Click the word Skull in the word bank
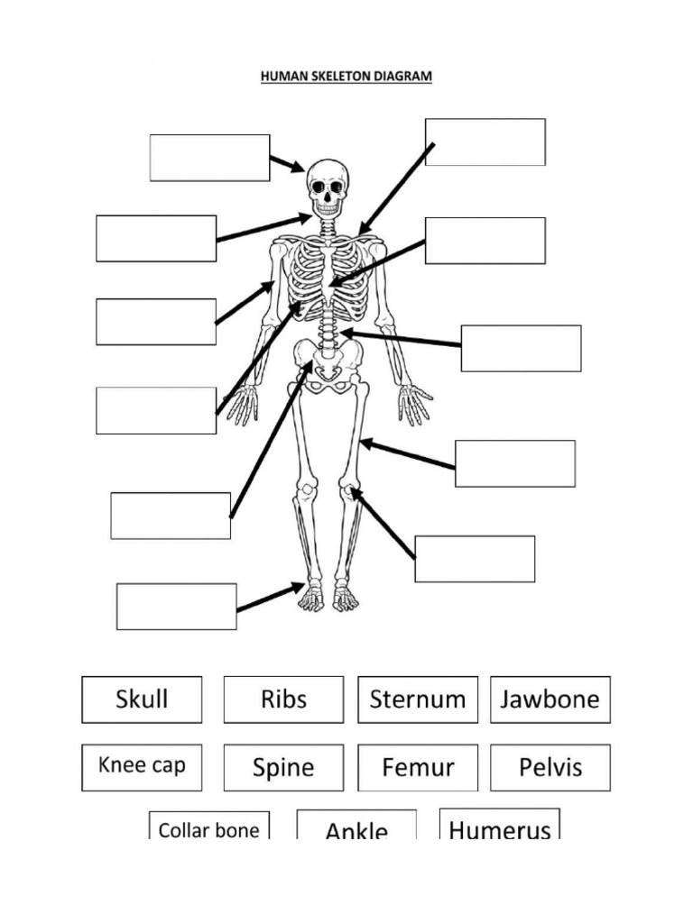click(x=142, y=699)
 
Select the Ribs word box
click(x=283, y=699)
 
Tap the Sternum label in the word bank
click(x=417, y=699)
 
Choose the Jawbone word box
click(x=550, y=699)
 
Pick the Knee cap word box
click(x=142, y=766)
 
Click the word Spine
click(x=283, y=768)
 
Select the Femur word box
click(x=417, y=768)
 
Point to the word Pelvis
click(x=550, y=768)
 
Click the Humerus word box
click(x=499, y=827)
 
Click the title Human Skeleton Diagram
click(x=346, y=78)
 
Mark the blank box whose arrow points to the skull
click(x=209, y=158)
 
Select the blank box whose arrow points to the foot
click(x=176, y=606)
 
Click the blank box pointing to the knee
click(x=475, y=559)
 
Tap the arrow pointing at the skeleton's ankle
click(x=270, y=598)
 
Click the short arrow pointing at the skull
click(x=287, y=164)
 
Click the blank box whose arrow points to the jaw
click(x=156, y=239)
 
